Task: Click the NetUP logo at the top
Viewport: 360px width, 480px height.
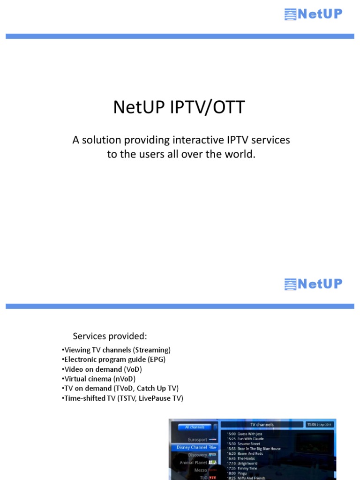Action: (x=313, y=15)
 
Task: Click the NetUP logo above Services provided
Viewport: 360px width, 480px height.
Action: (x=313, y=284)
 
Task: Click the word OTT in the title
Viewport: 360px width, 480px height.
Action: (x=228, y=107)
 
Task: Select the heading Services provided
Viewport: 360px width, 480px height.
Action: (x=110, y=336)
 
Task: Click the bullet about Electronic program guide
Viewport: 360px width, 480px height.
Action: (x=114, y=360)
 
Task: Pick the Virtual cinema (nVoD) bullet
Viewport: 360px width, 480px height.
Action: (x=98, y=379)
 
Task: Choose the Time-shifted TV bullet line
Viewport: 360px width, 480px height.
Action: (x=122, y=398)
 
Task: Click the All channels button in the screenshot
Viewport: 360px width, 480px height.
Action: (x=195, y=427)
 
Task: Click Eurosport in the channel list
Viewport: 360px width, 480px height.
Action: (x=197, y=440)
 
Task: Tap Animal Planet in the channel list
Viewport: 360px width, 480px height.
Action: (x=193, y=463)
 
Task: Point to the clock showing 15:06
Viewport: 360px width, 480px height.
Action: (x=319, y=424)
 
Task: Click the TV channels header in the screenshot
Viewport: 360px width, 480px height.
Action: (x=262, y=425)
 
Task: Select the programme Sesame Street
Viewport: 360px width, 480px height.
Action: (x=248, y=444)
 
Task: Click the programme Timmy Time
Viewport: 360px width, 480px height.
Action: (x=247, y=468)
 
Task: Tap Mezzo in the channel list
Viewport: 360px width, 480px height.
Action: (x=201, y=470)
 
